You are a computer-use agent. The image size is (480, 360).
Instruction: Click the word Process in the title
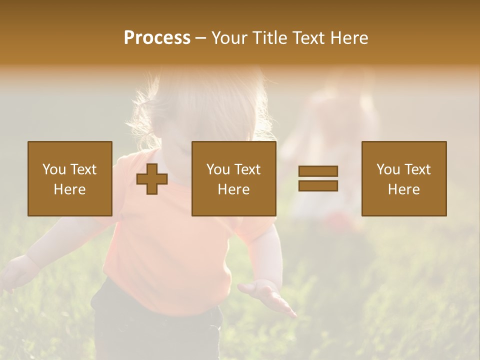point(157,38)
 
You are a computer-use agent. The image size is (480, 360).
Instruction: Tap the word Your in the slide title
point(229,38)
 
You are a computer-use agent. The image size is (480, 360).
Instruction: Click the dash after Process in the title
point(201,38)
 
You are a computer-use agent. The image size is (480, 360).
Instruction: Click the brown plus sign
point(152,179)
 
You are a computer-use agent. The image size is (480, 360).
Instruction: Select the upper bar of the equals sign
point(318,171)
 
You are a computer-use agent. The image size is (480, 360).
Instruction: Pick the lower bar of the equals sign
point(318,185)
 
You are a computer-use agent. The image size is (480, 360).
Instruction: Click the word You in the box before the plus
point(54,169)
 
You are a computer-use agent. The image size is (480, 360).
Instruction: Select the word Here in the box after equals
point(404,189)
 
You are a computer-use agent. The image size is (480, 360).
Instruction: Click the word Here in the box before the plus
point(70,189)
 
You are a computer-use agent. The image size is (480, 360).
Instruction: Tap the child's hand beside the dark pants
point(267,296)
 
